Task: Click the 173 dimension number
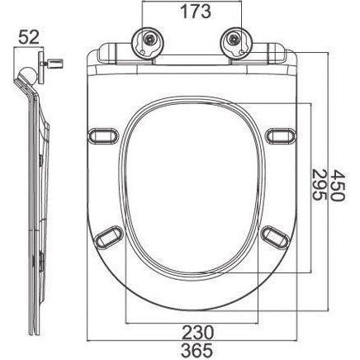click(196, 12)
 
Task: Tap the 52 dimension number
click(29, 37)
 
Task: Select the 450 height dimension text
click(338, 186)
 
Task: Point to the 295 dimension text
click(320, 186)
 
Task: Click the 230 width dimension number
click(198, 332)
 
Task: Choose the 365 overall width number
click(198, 350)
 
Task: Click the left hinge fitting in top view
click(149, 43)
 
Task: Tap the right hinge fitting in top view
click(236, 43)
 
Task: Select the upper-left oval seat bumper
click(103, 136)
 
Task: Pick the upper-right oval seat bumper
click(281, 136)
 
